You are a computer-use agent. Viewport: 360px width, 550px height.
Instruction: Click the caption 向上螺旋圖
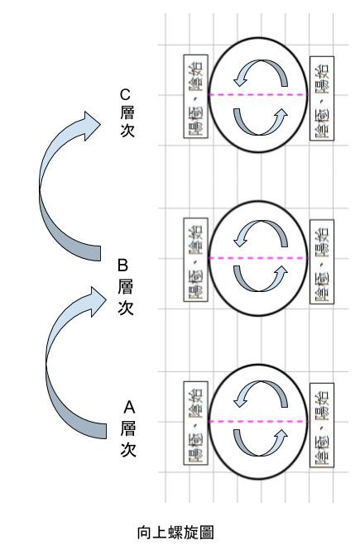[x=175, y=532]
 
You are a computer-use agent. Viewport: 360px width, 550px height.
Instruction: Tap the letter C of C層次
[x=125, y=95]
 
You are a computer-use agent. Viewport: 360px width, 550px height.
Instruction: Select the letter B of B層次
[x=122, y=265]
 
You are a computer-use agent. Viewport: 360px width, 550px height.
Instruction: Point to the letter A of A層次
[x=129, y=407]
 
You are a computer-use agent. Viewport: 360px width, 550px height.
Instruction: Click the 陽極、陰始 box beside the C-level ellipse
[x=196, y=96]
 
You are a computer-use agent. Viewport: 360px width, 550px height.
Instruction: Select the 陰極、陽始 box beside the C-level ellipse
[x=322, y=98]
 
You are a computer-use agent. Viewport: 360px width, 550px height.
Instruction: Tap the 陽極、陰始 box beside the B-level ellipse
[x=196, y=260]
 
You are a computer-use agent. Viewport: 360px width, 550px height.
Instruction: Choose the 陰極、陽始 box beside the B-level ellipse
[x=322, y=261]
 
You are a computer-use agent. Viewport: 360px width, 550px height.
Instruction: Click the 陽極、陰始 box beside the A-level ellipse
[x=196, y=423]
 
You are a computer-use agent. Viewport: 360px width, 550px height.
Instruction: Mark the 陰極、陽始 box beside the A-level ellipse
[x=322, y=425]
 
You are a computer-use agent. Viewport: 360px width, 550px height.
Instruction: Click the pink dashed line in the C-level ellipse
[x=258, y=95]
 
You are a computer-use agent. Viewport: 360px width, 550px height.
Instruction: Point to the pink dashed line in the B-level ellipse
[x=258, y=258]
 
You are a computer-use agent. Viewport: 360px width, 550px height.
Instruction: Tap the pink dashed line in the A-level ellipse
[x=258, y=422]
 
